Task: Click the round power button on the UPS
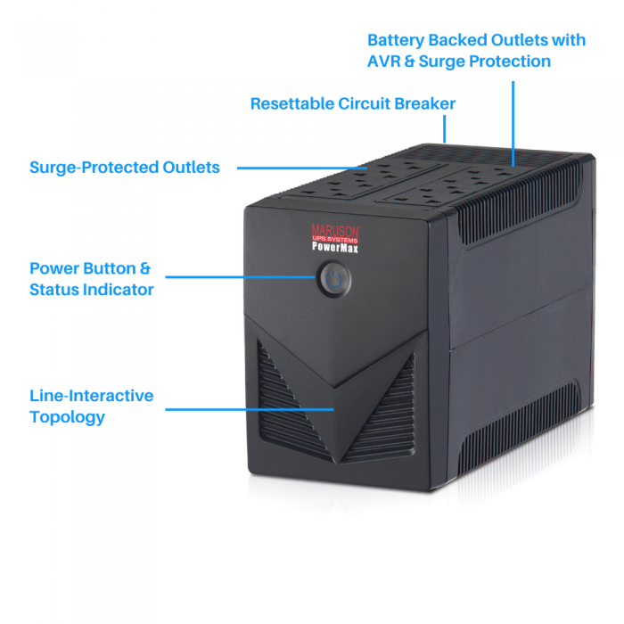[x=333, y=279]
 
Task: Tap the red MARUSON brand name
[x=336, y=230]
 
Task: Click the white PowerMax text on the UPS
[x=335, y=248]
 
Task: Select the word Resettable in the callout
[x=292, y=104]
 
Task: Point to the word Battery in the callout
[x=396, y=41]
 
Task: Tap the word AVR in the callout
[x=383, y=62]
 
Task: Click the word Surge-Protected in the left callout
[x=94, y=168]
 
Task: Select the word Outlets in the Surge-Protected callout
[x=191, y=168]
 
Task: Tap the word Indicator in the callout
[x=117, y=290]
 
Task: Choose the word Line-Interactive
[x=92, y=396]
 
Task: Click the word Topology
[x=67, y=417]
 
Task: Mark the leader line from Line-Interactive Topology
[x=250, y=409]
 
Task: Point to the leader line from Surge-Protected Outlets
[x=302, y=168]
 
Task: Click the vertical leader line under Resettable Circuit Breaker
[x=445, y=129]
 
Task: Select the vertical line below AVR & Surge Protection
[x=513, y=124]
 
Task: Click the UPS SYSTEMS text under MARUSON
[x=335, y=239]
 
